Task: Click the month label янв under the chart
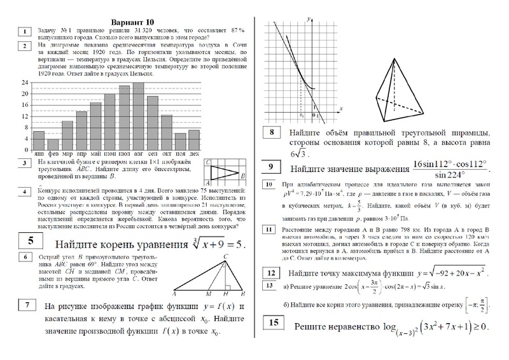39,154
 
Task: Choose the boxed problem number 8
272,134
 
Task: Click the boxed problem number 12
271,273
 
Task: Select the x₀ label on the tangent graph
301,116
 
